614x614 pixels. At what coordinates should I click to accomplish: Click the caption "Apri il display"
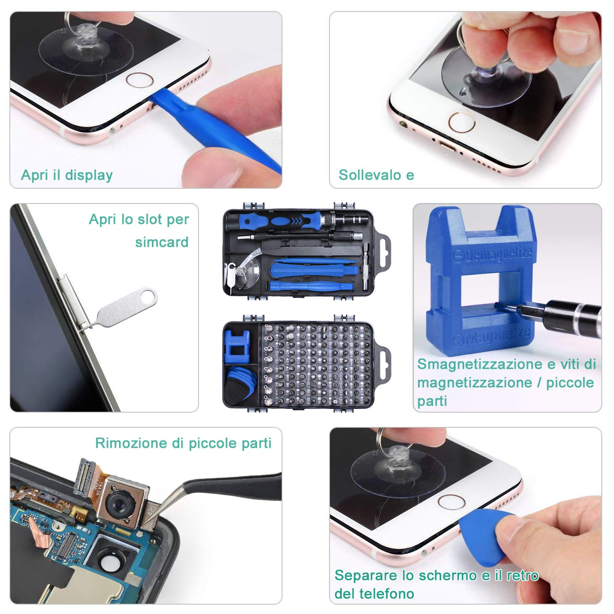pos(67,175)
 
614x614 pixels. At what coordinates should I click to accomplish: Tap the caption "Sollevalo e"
pos(376,175)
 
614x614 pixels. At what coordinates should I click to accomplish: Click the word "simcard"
pos(162,242)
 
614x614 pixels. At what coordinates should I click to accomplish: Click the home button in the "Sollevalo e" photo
pos(461,122)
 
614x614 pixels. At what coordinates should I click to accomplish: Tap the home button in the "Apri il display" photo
pos(139,79)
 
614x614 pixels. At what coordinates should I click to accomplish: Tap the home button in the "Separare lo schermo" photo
pos(451,502)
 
